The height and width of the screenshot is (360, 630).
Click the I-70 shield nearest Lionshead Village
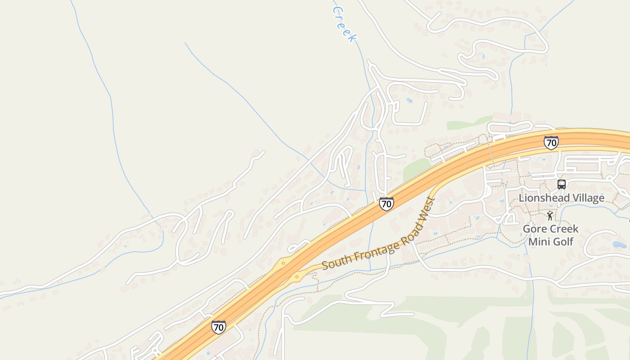coord(551,143)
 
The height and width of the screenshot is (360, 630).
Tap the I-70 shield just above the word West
coord(386,204)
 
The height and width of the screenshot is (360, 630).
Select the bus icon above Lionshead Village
coord(562,184)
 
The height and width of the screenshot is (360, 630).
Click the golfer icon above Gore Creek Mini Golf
coord(550,216)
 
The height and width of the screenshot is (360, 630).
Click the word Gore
coord(534,229)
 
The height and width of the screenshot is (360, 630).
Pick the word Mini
coord(538,242)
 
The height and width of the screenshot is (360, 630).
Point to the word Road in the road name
coord(409,236)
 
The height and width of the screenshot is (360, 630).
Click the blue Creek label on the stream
coord(344,25)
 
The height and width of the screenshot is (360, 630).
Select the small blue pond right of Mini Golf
coord(619,245)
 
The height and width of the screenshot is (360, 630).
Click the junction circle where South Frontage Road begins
coord(297,277)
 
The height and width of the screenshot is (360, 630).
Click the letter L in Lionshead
coord(522,198)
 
